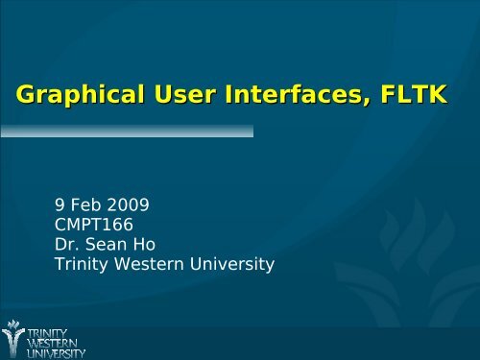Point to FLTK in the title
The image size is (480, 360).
tap(418, 95)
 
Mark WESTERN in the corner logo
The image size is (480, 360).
tap(55, 342)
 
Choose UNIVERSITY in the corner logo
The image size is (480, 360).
tap(57, 352)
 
